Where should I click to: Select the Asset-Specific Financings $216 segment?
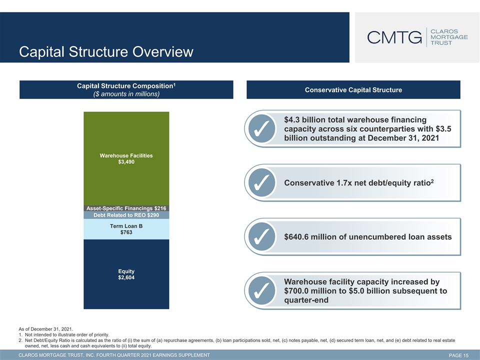(126, 208)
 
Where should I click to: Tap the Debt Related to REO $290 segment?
(126, 215)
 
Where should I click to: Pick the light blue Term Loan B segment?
(126, 229)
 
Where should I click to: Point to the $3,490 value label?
(126, 162)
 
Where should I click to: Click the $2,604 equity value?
(126, 277)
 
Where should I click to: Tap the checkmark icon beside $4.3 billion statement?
(261, 128)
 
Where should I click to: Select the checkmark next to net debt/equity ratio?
(261, 183)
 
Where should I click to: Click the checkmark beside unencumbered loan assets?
(261, 236)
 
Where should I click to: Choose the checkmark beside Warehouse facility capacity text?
(261, 291)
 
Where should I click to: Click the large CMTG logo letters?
(394, 37)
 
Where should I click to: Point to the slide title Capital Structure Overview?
(106, 51)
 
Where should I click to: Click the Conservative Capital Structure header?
(353, 90)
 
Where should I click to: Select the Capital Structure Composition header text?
(126, 86)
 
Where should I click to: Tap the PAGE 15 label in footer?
(458, 355)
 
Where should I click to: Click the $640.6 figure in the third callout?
(296, 237)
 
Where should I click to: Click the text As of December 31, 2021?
(46, 329)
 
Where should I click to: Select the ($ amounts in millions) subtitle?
(126, 94)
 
